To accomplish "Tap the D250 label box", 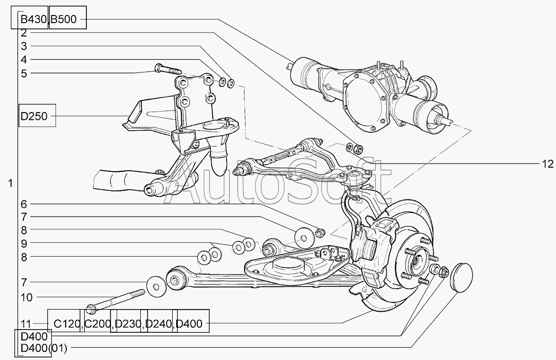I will pos(34,116).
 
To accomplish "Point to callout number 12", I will pos(547,164).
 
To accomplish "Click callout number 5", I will pos(24,73).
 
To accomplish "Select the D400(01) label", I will pos(43,349).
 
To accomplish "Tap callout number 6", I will pos(24,204).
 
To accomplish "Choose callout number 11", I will pos(26,323).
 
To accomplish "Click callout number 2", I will pos(24,33).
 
